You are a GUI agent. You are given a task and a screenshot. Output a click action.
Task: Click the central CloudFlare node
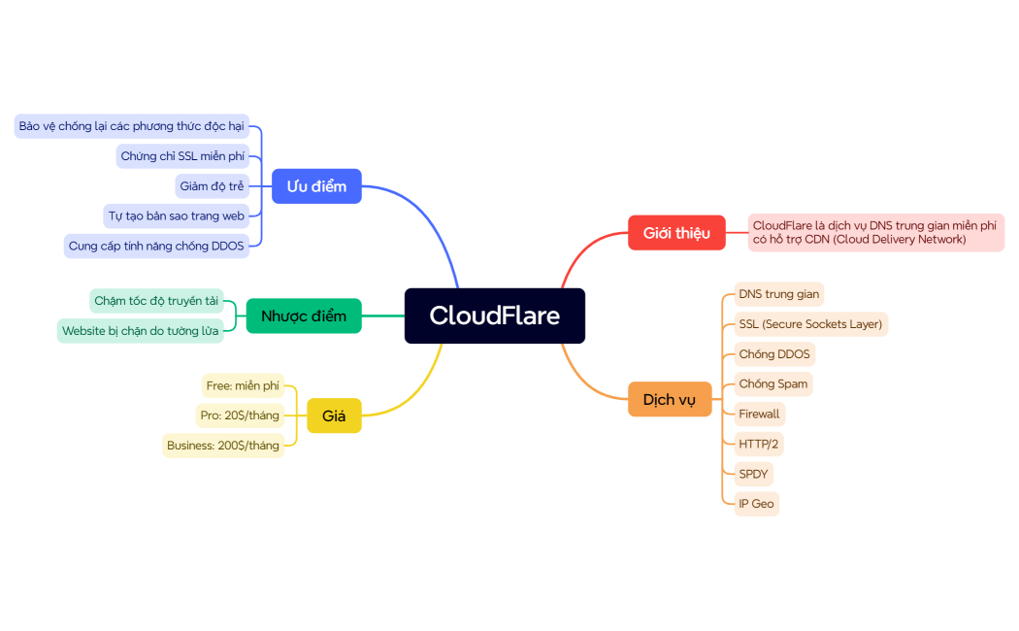[x=494, y=315]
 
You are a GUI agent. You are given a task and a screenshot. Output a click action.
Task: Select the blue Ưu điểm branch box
[x=316, y=185]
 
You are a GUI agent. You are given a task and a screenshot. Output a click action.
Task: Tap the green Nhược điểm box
[x=303, y=315]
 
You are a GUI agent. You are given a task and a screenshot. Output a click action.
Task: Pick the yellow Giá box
[x=334, y=415]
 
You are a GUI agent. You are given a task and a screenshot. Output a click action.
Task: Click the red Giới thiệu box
[x=676, y=233]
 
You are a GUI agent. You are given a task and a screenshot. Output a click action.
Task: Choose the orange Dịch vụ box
[x=670, y=399]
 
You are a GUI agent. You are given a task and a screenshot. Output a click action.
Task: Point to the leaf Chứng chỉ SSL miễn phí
[x=182, y=156]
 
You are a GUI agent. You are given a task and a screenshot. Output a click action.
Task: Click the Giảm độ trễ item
[x=212, y=185]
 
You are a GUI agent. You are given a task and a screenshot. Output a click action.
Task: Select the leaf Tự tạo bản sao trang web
[x=176, y=216]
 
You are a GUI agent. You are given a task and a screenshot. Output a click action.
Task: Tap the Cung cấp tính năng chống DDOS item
[x=156, y=246]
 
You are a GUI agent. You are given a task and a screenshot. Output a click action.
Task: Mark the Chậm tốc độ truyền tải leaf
[x=156, y=301]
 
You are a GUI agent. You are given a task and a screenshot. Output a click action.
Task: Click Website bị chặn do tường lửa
[x=140, y=331]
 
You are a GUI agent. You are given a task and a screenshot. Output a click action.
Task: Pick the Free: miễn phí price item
[x=243, y=385]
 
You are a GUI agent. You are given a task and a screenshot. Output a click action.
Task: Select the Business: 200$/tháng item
[x=223, y=446]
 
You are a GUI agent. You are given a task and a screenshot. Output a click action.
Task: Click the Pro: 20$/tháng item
[x=240, y=415]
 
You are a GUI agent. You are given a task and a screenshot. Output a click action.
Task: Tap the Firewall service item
[x=758, y=414]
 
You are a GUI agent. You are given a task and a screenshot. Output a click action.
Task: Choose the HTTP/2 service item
[x=758, y=444]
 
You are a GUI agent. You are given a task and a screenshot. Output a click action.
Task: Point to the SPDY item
[x=753, y=474]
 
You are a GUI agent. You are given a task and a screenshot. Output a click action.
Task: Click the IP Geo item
[x=756, y=504]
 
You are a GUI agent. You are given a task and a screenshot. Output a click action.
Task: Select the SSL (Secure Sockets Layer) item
[x=809, y=324]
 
